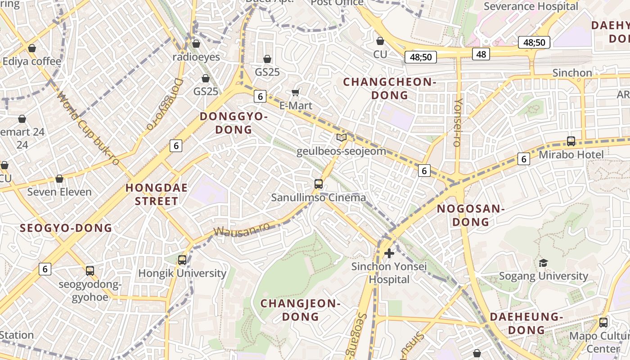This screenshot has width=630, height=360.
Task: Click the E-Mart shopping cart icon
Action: click(x=296, y=93)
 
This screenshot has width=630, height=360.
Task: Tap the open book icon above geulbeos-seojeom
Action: click(x=342, y=138)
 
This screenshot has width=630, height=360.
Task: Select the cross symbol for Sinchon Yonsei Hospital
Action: click(x=389, y=253)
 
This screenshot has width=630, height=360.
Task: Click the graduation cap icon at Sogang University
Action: click(x=543, y=263)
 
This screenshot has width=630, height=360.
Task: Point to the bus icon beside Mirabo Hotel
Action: click(x=571, y=141)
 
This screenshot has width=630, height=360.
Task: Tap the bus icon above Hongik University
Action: click(x=182, y=260)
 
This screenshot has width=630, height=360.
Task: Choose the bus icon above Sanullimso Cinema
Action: click(x=319, y=184)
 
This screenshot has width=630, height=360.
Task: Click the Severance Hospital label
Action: click(x=531, y=6)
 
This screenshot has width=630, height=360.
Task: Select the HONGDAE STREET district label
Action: click(x=157, y=194)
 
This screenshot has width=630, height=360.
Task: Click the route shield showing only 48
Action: click(x=481, y=54)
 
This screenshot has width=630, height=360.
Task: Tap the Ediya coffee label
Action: click(x=31, y=61)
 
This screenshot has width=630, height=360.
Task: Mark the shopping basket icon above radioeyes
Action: click(x=196, y=44)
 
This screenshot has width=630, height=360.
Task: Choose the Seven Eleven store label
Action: click(x=59, y=192)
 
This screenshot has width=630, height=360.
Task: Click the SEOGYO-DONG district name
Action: click(x=66, y=228)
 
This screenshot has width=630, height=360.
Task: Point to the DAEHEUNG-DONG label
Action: click(x=526, y=323)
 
